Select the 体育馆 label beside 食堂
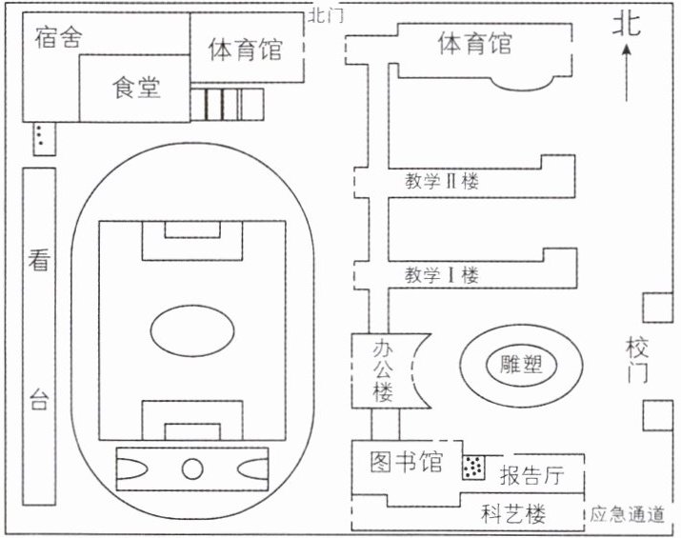245,49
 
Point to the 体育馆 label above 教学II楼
473,44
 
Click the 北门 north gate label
327,16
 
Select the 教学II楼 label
441,181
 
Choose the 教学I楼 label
440,275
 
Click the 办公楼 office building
382,370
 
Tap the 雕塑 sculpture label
520,363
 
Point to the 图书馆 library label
407,463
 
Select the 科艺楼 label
513,515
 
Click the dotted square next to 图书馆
473,468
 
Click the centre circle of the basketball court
193,468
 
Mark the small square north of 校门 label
654,308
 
